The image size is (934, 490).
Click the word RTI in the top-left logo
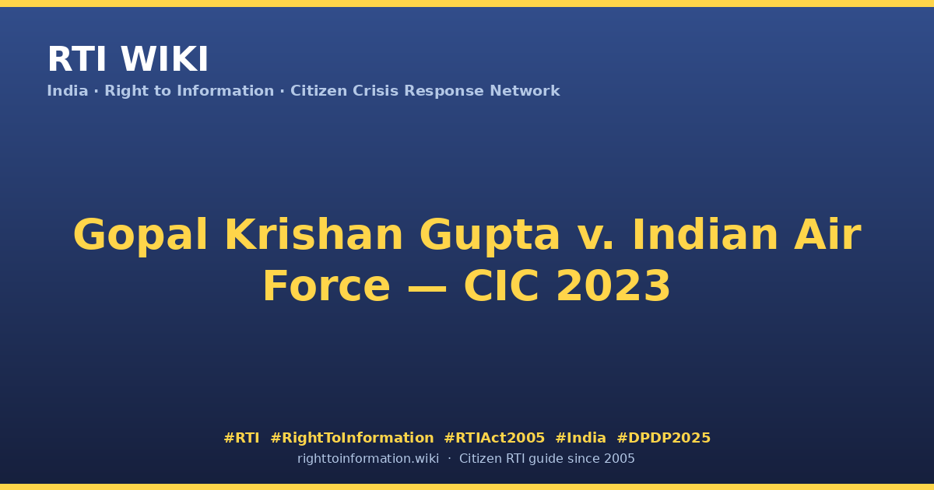point(77,60)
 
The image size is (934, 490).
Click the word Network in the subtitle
point(525,91)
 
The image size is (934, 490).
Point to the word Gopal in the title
point(140,236)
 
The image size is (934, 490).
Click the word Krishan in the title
point(314,235)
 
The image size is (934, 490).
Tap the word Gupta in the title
point(490,236)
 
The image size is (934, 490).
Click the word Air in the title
point(827,235)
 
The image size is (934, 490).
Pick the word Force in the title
point(326,286)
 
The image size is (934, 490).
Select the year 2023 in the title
point(613,286)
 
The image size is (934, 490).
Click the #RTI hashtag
point(241,438)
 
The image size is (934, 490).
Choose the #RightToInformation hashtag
point(352,438)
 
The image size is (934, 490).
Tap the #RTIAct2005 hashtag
point(494,438)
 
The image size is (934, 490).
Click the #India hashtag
point(581,438)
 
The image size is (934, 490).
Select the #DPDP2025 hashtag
point(663,438)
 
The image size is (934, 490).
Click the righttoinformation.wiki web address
point(368,459)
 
